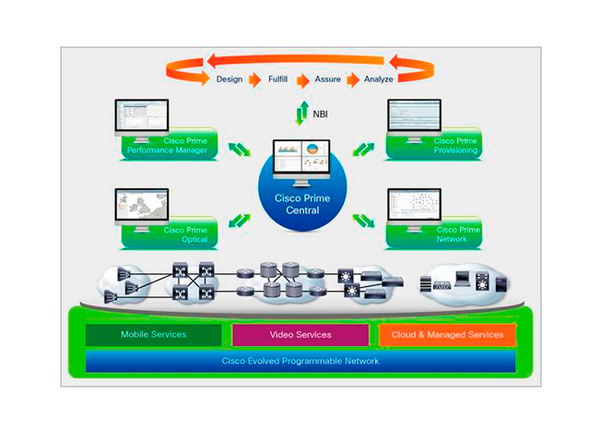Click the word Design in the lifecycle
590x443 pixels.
coord(230,79)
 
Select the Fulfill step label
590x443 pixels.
coord(278,79)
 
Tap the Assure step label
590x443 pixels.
coord(328,79)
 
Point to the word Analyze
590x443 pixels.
coord(378,79)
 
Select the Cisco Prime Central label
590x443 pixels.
coord(298,204)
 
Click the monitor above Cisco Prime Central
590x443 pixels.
coord(298,160)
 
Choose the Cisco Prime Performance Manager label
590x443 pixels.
coord(167,144)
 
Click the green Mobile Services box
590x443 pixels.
coord(153,334)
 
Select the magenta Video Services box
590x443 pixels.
coord(300,334)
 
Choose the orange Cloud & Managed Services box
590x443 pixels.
coord(447,334)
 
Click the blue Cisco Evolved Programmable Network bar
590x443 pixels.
coord(300,361)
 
